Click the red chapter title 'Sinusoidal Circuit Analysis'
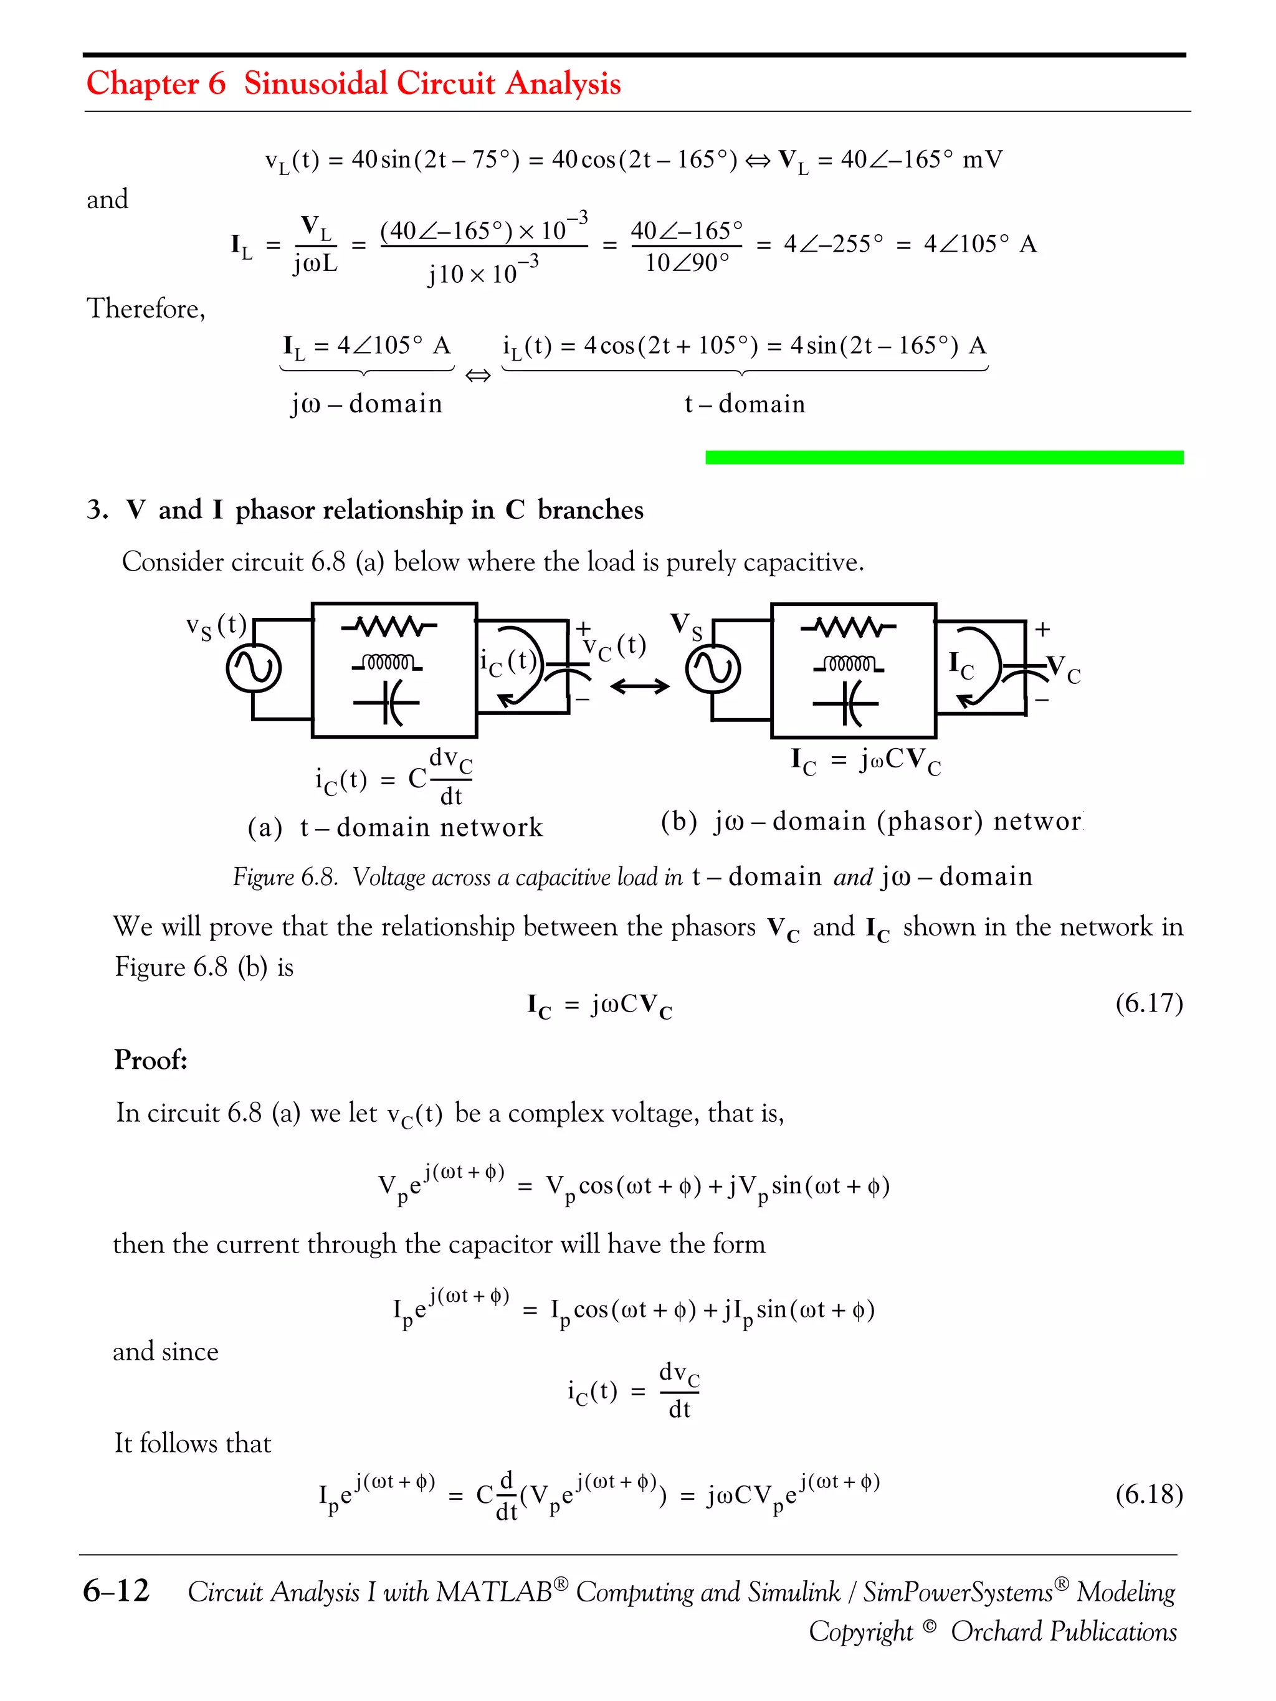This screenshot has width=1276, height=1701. click(x=432, y=83)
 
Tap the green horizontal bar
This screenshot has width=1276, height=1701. click(x=944, y=458)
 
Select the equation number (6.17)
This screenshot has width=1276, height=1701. click(x=1148, y=1003)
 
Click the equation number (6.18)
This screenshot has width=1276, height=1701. click(x=1148, y=1494)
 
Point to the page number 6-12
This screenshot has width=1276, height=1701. click(x=116, y=1590)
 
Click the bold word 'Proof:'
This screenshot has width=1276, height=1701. click(x=151, y=1059)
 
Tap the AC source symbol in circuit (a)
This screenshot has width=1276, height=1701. click(x=253, y=668)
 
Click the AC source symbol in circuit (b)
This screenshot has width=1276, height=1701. click(x=713, y=668)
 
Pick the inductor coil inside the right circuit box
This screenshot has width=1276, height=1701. click(x=849, y=663)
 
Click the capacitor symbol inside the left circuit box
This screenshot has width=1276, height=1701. click(x=387, y=703)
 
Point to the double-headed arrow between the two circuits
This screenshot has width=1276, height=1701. click(x=639, y=686)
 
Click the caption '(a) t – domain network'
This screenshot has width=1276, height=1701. click(x=394, y=827)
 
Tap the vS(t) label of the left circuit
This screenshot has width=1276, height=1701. click(x=216, y=626)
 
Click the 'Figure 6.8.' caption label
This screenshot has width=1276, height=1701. click(x=285, y=876)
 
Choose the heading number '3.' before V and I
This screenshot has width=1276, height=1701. click(x=97, y=510)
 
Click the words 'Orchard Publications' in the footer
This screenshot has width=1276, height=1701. click(x=1063, y=1631)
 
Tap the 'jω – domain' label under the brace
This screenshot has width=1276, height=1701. click(x=366, y=404)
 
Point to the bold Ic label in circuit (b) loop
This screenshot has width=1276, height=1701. click(x=961, y=665)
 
